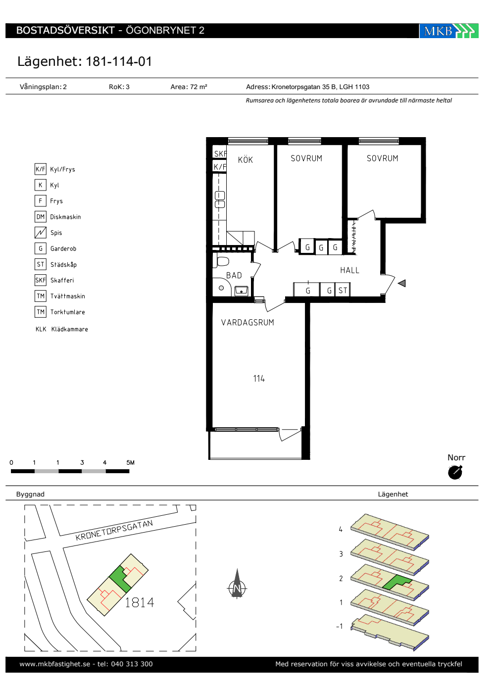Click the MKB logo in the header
(x=448, y=31)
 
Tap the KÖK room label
(x=246, y=159)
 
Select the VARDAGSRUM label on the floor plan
(x=247, y=322)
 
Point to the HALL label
(x=349, y=270)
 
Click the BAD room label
(x=234, y=275)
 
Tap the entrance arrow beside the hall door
(x=401, y=283)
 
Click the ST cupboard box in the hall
(x=343, y=290)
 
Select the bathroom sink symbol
(x=242, y=291)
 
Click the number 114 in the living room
(x=258, y=378)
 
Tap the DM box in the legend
(x=41, y=217)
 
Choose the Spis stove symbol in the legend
(x=41, y=233)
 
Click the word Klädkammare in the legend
(x=70, y=329)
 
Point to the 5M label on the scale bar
(x=130, y=462)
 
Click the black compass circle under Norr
(x=455, y=472)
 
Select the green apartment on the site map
(x=122, y=578)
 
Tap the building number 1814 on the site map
(x=140, y=602)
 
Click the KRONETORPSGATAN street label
(x=114, y=530)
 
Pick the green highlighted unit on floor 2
(x=396, y=582)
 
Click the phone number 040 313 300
(x=132, y=664)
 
